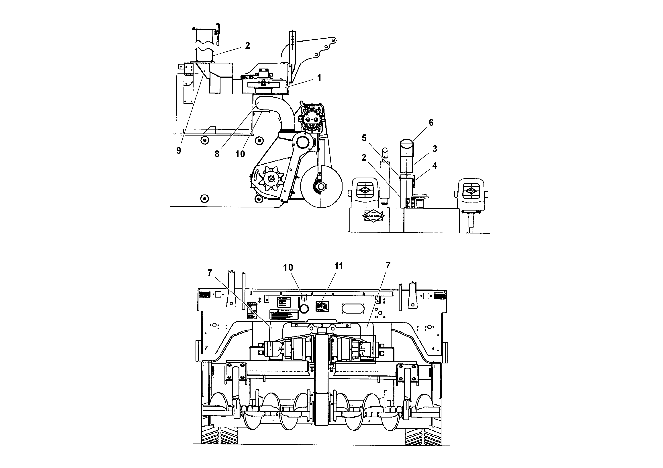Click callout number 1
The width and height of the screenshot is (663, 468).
(319, 78)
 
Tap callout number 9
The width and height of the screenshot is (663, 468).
(179, 150)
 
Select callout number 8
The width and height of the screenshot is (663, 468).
(217, 154)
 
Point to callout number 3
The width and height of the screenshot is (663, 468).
(435, 149)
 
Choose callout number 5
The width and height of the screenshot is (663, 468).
(364, 138)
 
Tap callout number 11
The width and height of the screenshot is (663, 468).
(339, 266)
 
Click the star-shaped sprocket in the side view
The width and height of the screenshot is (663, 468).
(271, 179)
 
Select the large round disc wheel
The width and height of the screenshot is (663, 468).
(321, 187)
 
